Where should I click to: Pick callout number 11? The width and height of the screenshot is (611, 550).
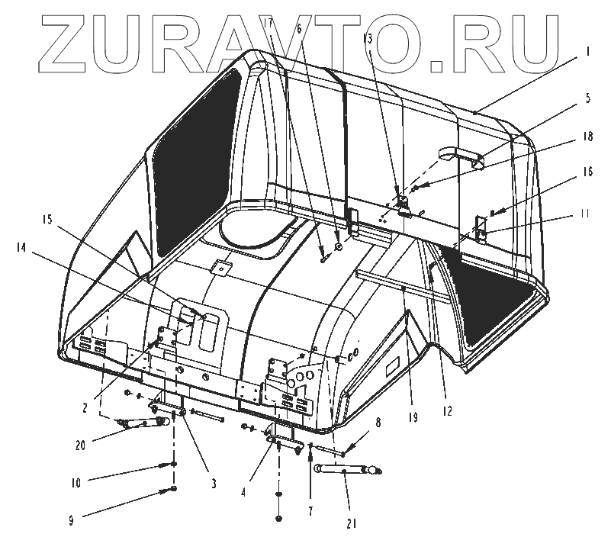584,214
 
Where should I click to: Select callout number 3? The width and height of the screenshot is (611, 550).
214,483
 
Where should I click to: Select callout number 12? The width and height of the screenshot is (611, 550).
446,411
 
